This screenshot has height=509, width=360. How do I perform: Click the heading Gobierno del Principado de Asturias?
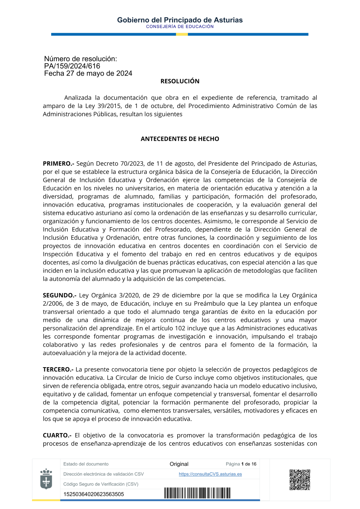[180, 20]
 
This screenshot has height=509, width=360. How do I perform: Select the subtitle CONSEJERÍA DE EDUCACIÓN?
[180, 27]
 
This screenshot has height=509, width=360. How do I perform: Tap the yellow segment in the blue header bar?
[182, 35]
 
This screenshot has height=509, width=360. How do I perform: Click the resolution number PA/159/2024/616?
[72, 66]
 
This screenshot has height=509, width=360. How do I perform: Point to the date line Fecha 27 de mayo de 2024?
[88, 73]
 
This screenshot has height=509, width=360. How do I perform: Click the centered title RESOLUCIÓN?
[180, 81]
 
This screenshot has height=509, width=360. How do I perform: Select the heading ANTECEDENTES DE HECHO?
[180, 139]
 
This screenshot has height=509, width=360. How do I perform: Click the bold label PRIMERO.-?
[58, 164]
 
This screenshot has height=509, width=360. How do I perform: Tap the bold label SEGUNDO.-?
[59, 296]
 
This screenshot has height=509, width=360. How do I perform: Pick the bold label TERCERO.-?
[58, 370]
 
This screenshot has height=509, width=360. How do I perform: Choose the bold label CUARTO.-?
[57, 436]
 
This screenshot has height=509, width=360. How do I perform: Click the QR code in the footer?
[300, 479]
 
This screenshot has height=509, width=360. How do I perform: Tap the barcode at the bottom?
[197, 493]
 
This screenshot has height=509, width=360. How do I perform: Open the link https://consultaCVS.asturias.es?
[210, 474]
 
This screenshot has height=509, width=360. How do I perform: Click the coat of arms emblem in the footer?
[46, 479]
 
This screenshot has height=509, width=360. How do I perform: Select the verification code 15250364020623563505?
[94, 494]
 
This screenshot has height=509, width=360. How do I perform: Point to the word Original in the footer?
[179, 464]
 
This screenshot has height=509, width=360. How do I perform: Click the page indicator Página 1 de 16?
[241, 464]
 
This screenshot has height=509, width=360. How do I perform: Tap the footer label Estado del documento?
[86, 464]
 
